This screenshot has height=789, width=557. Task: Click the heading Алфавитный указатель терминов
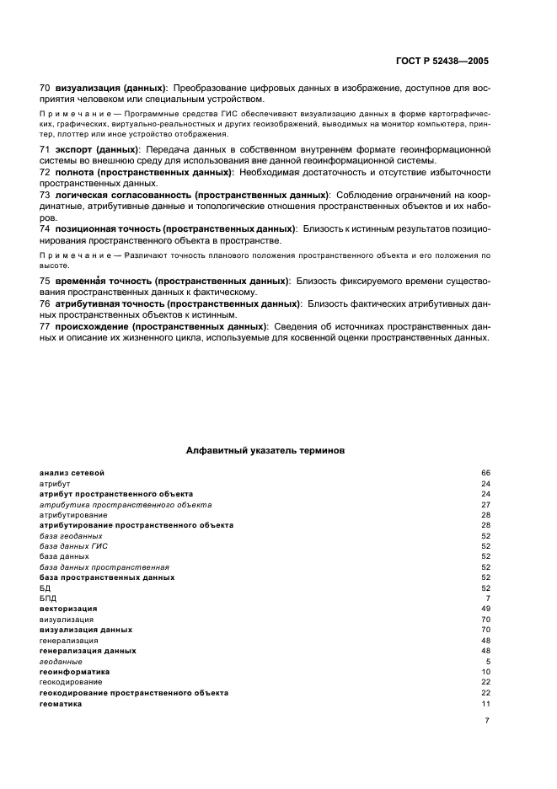265,451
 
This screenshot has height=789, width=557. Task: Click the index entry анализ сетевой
72,473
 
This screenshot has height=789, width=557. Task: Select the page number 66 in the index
485,473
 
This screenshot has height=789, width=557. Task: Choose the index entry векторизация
68,609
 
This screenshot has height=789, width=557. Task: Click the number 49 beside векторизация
485,609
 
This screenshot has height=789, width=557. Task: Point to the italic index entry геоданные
60,662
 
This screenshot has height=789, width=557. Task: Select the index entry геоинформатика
74,672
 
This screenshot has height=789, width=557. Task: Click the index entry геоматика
61,704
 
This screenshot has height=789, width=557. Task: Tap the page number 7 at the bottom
487,721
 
